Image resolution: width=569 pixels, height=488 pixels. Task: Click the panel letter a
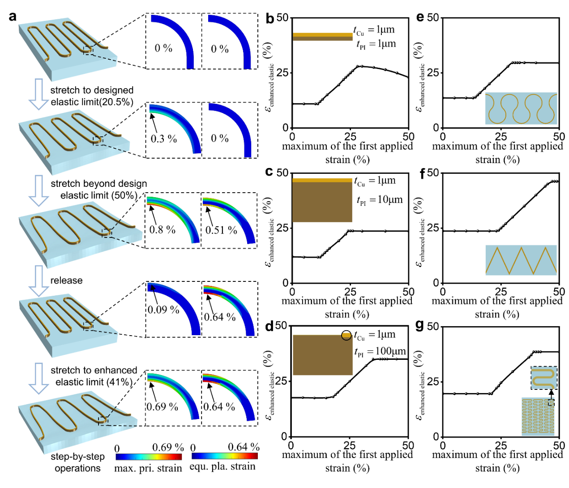pos(13,17)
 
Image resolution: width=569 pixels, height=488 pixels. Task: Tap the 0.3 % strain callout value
pos(164,139)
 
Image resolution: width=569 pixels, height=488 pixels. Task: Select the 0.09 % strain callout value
pos(164,310)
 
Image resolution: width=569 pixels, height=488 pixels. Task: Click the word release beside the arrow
pos(66,281)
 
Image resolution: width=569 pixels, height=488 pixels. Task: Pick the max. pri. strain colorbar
pos(149,457)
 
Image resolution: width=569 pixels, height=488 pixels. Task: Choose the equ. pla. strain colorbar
pos(224,456)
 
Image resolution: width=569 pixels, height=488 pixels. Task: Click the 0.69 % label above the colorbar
pos(168,447)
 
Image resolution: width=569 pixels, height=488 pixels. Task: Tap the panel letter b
pos(270,18)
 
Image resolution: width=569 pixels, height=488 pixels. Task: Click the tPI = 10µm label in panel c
pos(380,200)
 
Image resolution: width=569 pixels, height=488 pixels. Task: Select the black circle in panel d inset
pos(347,335)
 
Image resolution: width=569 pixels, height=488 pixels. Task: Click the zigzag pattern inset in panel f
pos(521,260)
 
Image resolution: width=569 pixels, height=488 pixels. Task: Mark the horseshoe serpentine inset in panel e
pos(521,108)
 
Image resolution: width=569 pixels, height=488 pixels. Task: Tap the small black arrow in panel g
pos(551,394)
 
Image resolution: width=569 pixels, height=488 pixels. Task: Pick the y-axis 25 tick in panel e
pos(433,73)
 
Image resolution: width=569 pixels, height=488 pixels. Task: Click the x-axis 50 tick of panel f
pos(559,292)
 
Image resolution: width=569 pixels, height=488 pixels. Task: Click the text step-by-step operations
pos(77,462)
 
